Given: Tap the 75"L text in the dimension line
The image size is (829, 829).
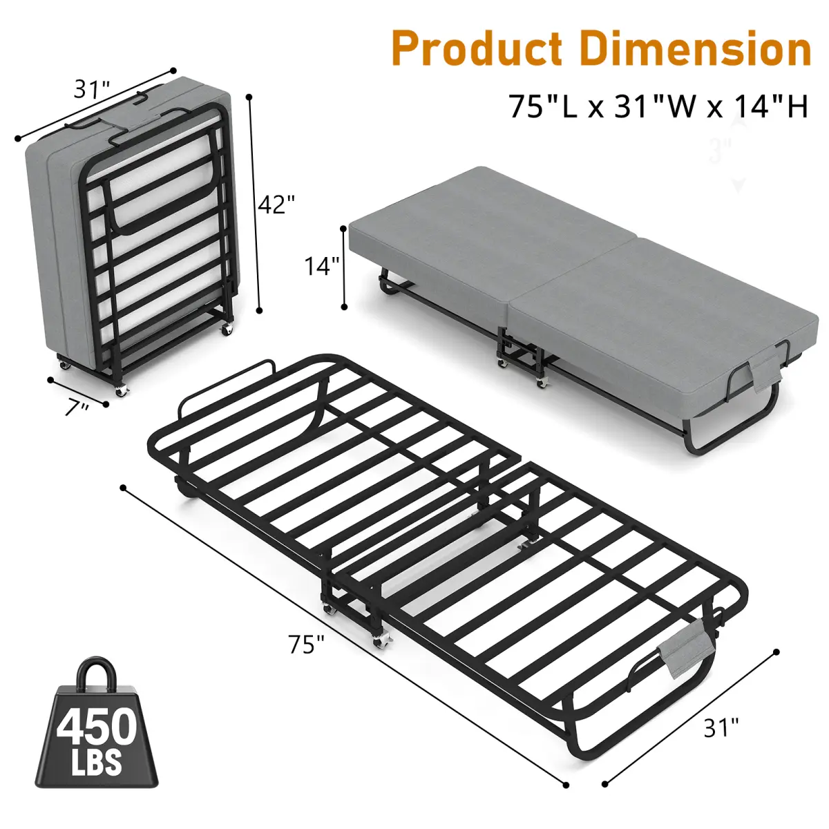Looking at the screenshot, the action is tap(544, 106).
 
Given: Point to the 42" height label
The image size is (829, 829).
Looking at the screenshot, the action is tap(277, 204).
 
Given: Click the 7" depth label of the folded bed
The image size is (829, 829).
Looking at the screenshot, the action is tap(77, 408).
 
